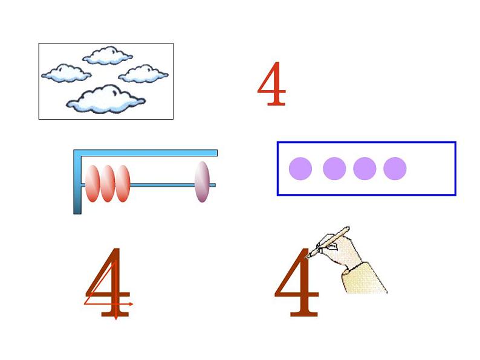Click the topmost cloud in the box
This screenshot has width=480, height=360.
[108, 56]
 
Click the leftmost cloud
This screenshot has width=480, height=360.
[66, 74]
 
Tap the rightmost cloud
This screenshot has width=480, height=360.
[143, 74]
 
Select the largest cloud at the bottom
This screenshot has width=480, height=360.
[106, 99]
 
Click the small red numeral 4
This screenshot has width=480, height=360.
[272, 84]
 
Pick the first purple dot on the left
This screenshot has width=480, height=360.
[300, 169]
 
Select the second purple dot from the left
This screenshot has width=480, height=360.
[334, 169]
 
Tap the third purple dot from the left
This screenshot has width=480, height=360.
[365, 169]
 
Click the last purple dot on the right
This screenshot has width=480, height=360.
[395, 169]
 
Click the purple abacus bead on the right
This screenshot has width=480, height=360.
[202, 182]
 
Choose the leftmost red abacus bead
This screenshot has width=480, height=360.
[92, 184]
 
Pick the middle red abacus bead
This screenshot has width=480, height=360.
[108, 184]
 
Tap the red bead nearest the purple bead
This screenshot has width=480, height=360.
[123, 184]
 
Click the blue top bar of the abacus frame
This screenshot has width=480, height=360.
[146, 153]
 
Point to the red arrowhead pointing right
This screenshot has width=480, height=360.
[131, 304]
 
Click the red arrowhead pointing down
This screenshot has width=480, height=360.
[115, 318]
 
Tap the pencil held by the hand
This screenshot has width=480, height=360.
[328, 242]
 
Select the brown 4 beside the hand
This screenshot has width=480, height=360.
[297, 282]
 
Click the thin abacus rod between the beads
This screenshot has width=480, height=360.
[162, 185]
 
